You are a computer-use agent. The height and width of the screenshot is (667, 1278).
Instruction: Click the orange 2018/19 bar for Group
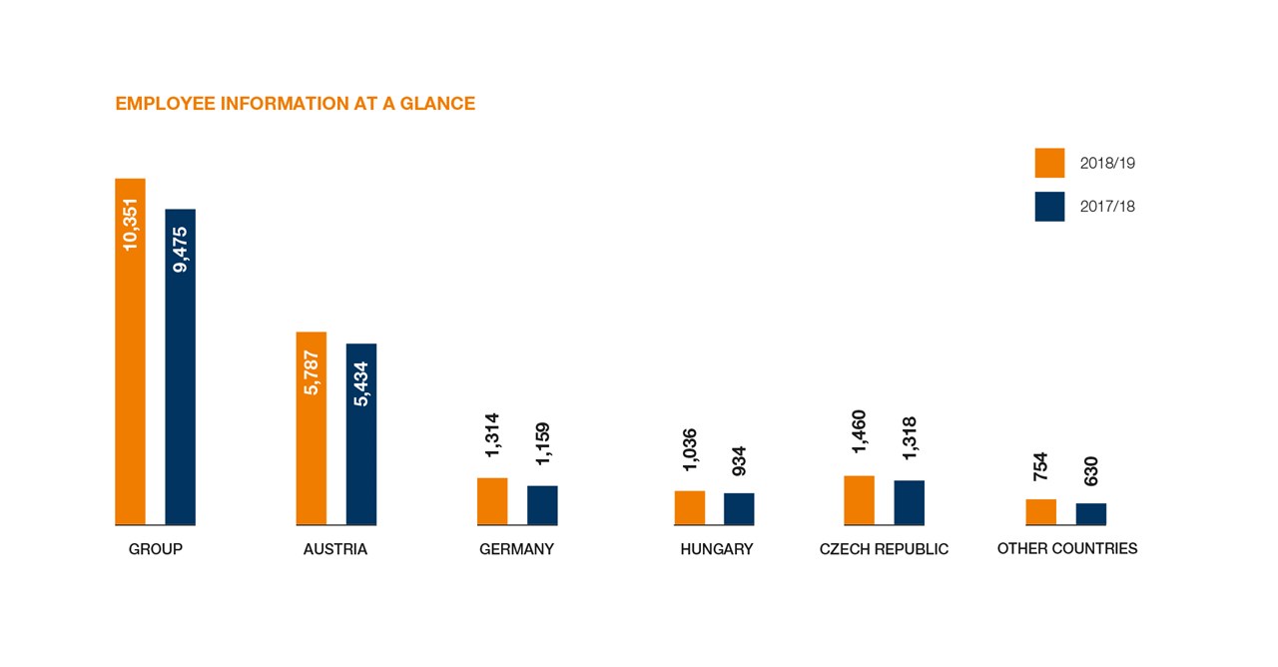[x=130, y=351]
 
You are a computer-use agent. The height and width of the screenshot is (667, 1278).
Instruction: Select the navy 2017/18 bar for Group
[x=180, y=366]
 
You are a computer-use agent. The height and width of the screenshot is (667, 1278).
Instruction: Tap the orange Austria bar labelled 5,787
[x=312, y=427]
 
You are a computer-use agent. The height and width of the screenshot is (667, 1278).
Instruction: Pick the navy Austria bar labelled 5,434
[x=361, y=433]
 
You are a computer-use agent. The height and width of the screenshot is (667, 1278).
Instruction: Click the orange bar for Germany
[x=492, y=501]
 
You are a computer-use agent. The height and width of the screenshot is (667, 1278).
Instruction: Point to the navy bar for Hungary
[x=739, y=508]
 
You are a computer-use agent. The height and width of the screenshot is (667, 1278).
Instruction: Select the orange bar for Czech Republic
[x=859, y=499]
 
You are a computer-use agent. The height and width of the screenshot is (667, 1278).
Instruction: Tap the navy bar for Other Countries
[x=1090, y=513]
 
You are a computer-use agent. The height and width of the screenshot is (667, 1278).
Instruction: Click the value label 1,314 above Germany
[x=492, y=436]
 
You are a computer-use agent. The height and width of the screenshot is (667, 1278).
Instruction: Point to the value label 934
[x=739, y=460]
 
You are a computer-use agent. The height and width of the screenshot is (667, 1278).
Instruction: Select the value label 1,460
[x=859, y=431]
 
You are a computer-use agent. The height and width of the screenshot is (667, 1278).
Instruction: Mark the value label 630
[x=1090, y=471]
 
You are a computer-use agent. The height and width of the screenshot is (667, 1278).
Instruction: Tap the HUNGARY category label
[x=716, y=549]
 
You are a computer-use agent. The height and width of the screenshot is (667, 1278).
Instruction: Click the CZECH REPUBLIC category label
[x=884, y=549]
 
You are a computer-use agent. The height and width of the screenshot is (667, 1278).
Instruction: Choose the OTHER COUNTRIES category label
[x=1066, y=548]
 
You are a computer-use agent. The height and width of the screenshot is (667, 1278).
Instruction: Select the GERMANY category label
[x=516, y=549]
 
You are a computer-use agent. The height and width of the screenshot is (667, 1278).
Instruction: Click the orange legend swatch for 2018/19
[x=1049, y=163]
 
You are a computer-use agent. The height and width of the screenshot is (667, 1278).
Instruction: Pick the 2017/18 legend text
[x=1107, y=207]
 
